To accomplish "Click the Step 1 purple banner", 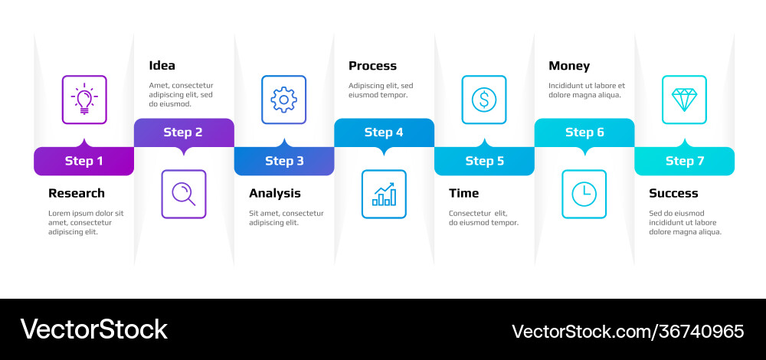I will [x=84, y=161].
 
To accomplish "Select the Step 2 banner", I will [x=184, y=133].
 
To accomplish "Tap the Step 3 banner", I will [x=284, y=161].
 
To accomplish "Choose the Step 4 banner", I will [x=384, y=133].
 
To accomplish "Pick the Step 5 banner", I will [x=484, y=161].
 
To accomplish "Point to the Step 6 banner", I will [x=584, y=133].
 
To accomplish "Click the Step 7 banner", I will [x=684, y=161].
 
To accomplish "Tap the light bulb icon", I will [x=84, y=100].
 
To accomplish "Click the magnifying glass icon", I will [x=184, y=194].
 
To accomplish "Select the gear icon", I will [x=284, y=100].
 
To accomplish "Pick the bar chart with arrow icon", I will [x=384, y=194].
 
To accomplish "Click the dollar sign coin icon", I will [x=484, y=100].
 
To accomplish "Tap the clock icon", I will [x=584, y=194].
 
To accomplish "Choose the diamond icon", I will [x=684, y=100].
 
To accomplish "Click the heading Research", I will [x=77, y=193].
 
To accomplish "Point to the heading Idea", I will [x=162, y=66].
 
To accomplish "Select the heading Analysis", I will [x=275, y=193].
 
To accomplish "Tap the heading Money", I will [x=569, y=66].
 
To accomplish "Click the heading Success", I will [x=673, y=193].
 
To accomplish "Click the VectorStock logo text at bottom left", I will [x=93, y=329].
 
